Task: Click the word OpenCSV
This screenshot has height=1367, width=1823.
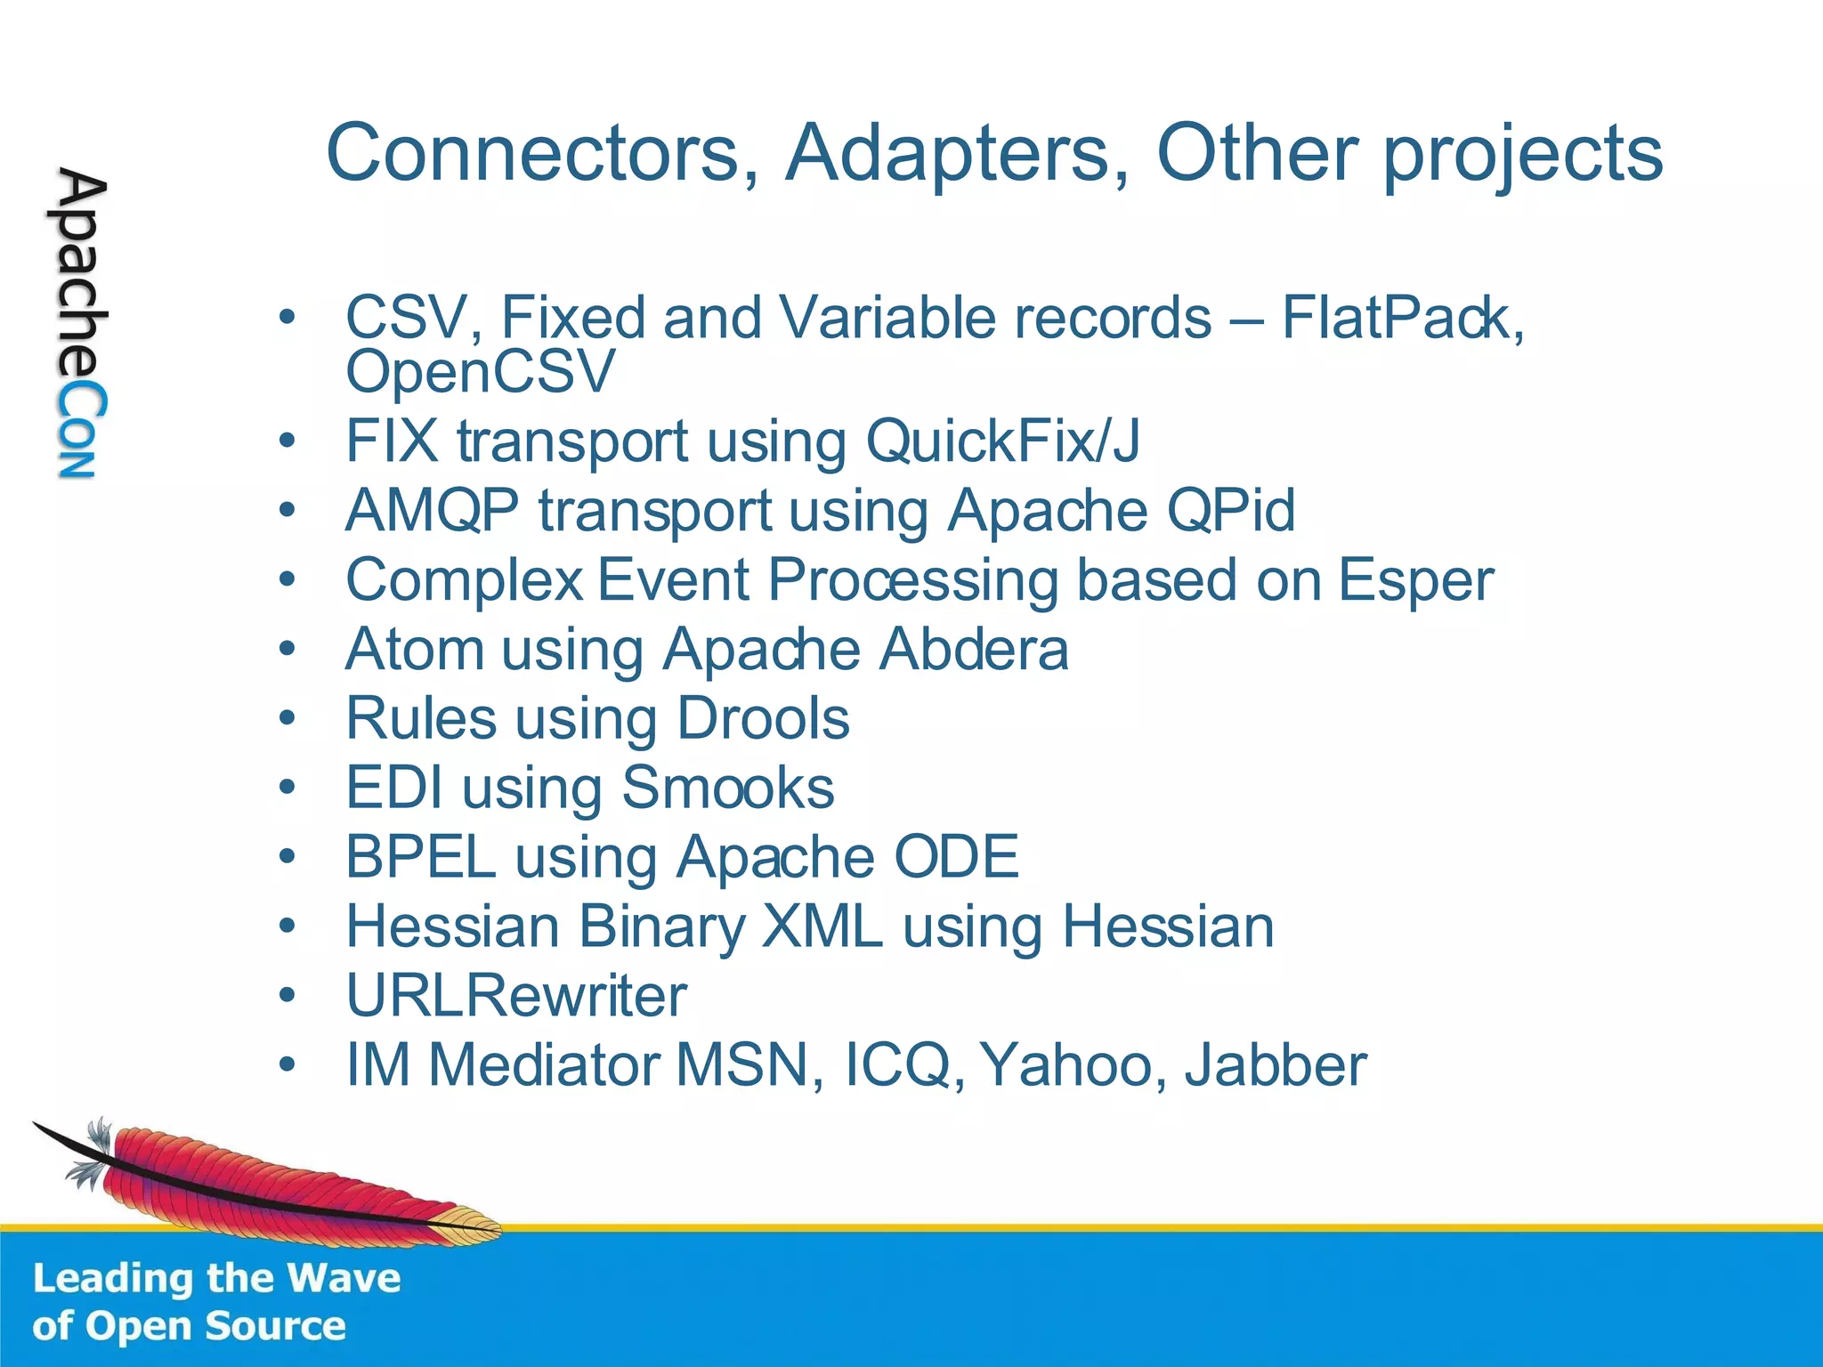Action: click(x=480, y=371)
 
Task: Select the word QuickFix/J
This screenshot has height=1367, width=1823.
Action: click(x=1001, y=441)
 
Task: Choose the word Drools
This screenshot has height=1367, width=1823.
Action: click(x=763, y=718)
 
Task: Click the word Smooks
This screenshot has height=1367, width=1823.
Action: click(x=727, y=788)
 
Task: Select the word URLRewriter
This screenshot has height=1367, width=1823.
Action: click(x=516, y=996)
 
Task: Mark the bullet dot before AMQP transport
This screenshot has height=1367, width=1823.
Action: click(x=287, y=511)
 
